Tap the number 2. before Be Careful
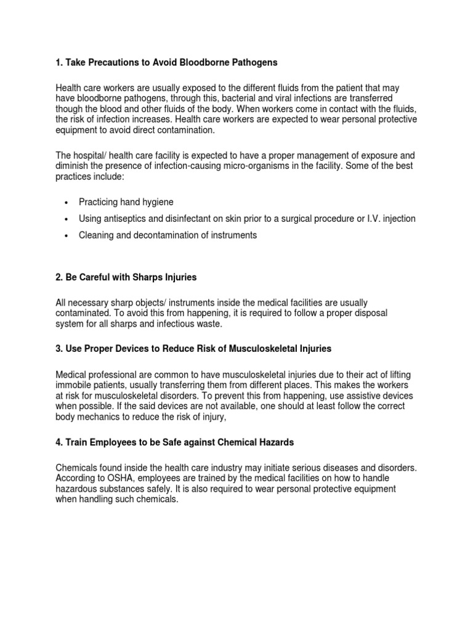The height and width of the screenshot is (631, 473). (x=60, y=277)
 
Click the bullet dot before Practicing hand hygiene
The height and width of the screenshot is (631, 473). (x=66, y=202)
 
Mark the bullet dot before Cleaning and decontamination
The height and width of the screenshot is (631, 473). (x=66, y=236)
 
